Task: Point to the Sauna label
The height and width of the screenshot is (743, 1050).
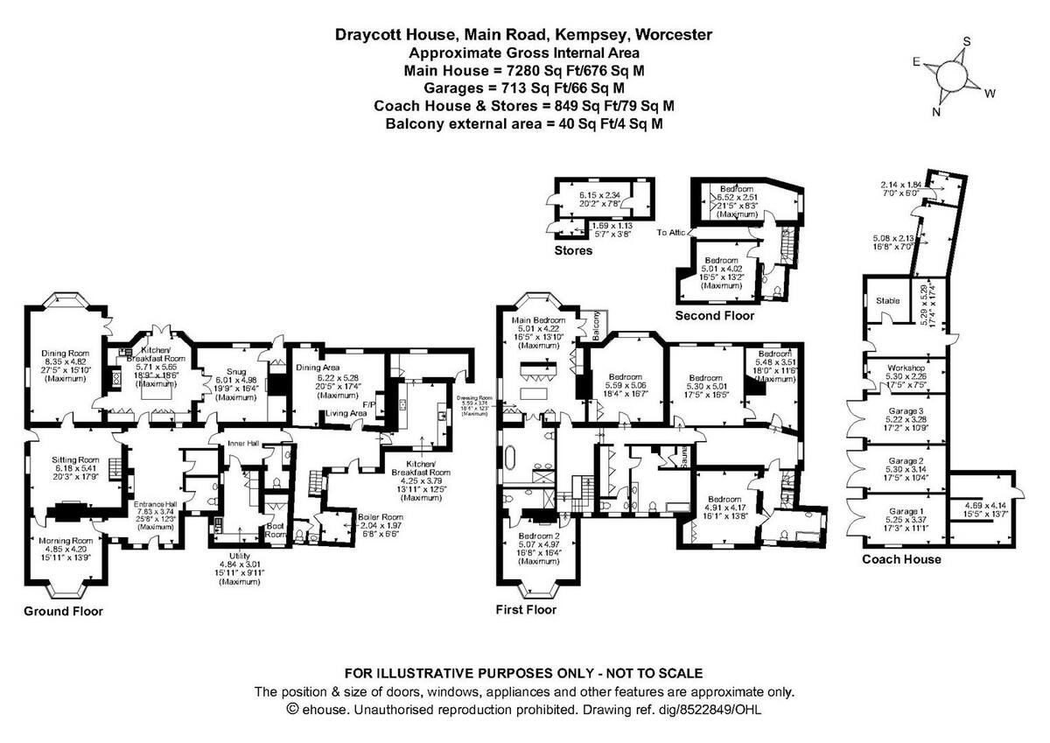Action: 675,456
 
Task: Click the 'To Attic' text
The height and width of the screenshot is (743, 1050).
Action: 672,232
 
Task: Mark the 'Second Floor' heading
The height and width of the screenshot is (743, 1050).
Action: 714,315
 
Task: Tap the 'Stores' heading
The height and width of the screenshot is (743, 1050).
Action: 573,251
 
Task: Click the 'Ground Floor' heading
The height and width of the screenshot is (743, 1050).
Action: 62,611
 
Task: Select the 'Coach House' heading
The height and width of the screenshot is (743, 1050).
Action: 901,559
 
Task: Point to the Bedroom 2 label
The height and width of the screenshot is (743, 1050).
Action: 538,536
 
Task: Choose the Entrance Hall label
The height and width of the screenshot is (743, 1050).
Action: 155,505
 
